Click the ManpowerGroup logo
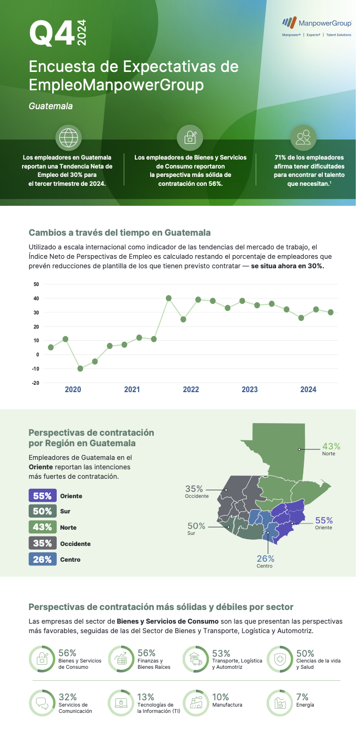pos(316,23)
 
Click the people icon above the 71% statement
pos(303,138)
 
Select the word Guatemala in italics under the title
pos(51,106)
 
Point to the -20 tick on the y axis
pos(36,383)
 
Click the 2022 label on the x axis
pos(190,390)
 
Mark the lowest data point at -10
pos(80,369)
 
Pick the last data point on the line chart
pos(331,312)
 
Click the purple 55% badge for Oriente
pos(43,496)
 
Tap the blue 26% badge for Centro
pos(43,559)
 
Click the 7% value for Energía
pos(302,697)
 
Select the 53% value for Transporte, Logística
pos(221,654)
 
